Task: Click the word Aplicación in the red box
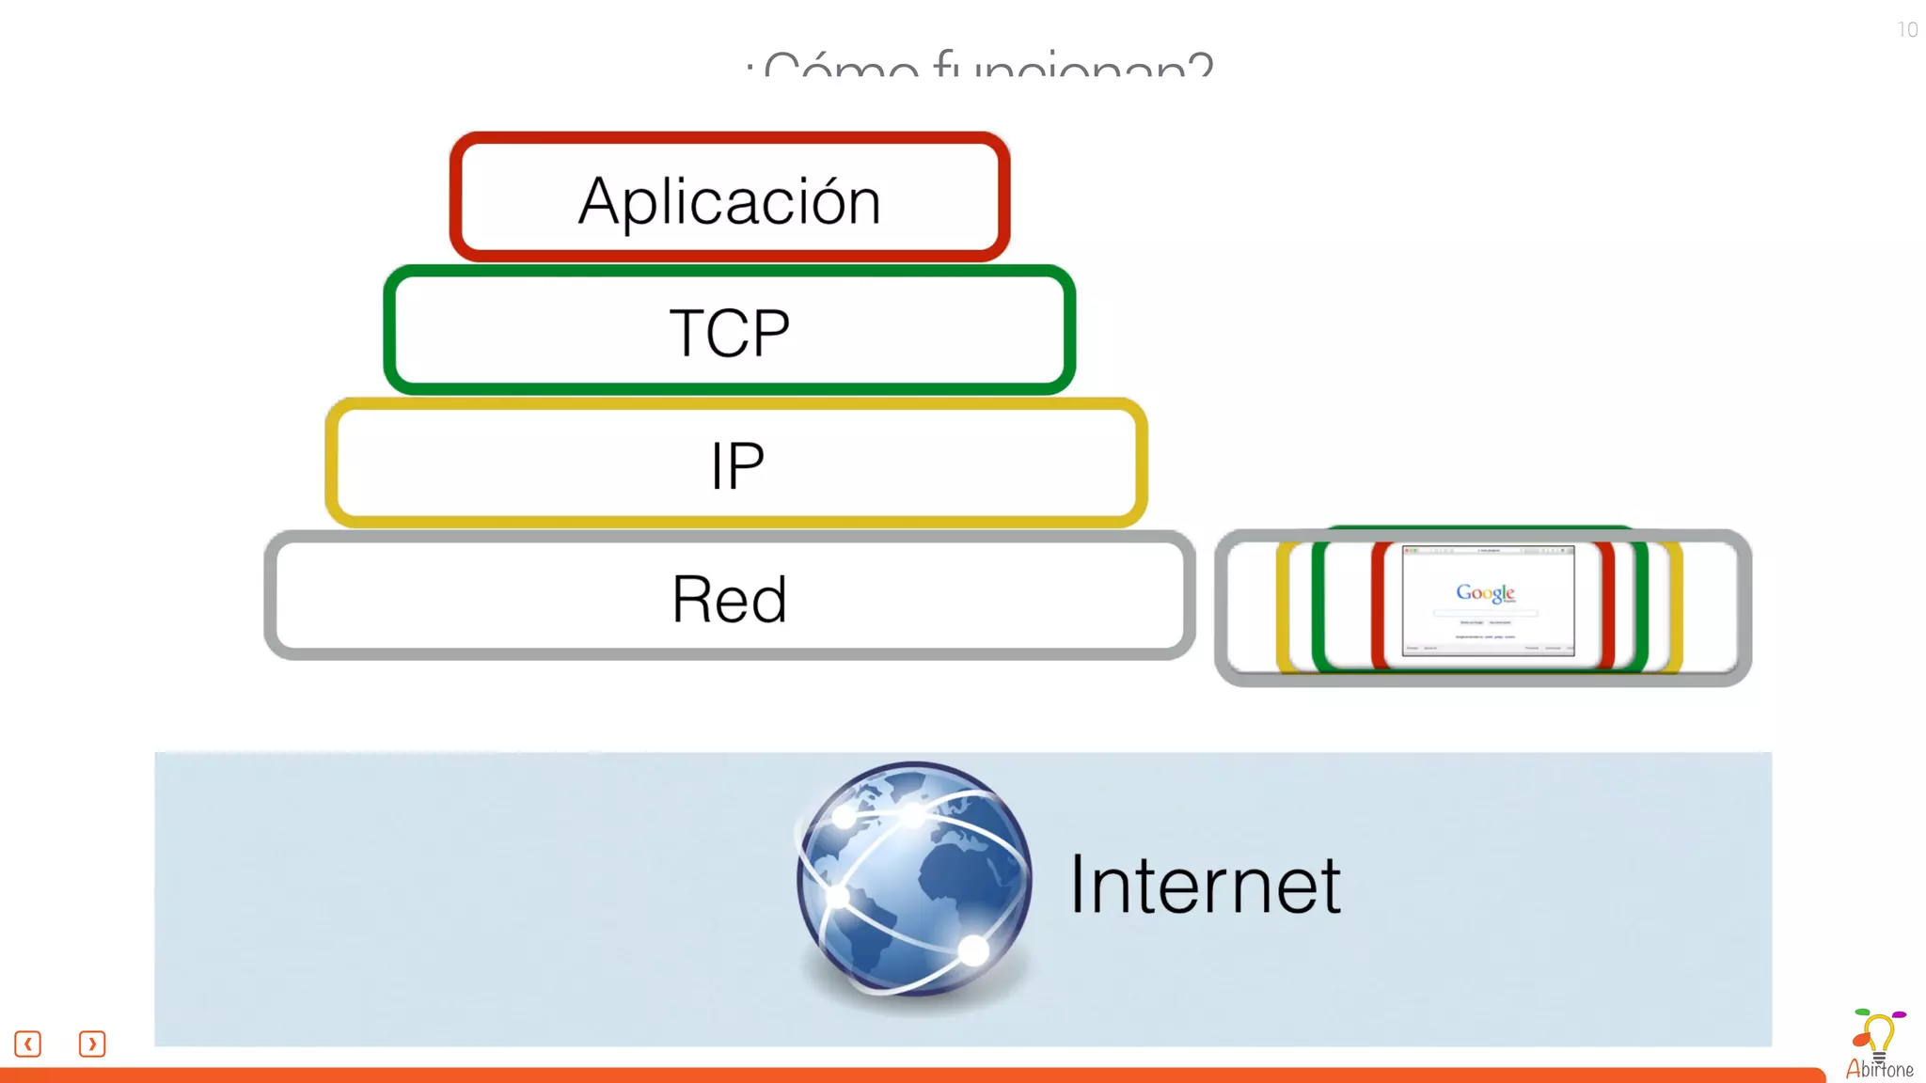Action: [729, 200]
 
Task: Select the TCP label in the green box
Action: [729, 333]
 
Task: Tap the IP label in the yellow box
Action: [737, 465]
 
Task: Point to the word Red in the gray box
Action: [729, 600]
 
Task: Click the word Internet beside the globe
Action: [1205, 886]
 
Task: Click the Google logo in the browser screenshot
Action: [1485, 592]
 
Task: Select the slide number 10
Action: [1907, 30]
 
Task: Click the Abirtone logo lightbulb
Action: [1877, 1034]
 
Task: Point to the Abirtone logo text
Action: [1879, 1070]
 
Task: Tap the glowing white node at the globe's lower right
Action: [974, 950]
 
